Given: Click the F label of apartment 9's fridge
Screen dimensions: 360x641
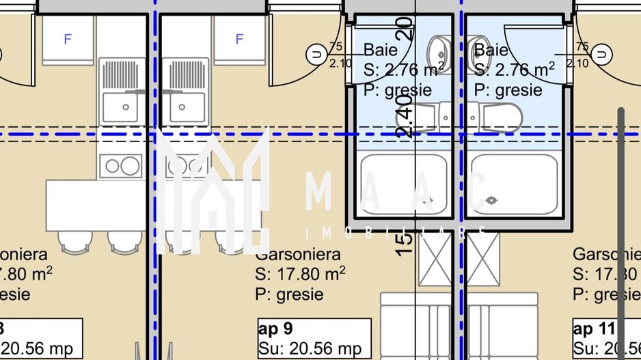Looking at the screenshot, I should coord(239,40).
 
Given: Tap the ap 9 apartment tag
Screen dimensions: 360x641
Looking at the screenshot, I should coord(275,330).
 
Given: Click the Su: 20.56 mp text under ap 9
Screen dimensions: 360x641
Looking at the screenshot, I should coord(310,349).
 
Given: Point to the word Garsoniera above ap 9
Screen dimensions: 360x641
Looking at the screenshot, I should coord(297,255).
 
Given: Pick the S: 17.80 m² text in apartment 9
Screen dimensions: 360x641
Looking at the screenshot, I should coord(299,275).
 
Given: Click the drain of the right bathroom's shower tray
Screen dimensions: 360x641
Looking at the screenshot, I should coord(491,200).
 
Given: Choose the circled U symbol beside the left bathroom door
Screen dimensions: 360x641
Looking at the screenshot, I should coord(316,53).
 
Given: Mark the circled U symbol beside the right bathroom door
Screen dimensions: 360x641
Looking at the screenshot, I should coord(601,53).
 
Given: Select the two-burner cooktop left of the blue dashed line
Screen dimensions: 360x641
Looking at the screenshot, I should coord(120,165).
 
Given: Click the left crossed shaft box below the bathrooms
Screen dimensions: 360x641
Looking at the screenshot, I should coord(435,259).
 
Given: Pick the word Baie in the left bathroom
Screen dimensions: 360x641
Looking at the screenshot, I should coord(380,50).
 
